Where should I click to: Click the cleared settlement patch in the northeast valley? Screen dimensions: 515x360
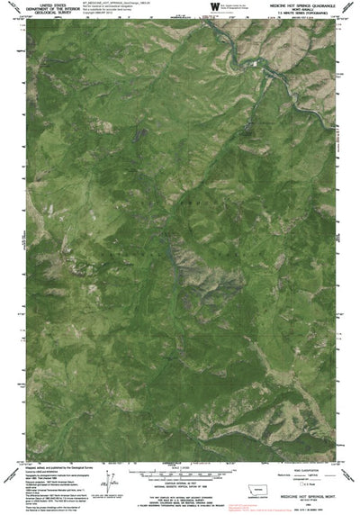coord(256,67)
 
